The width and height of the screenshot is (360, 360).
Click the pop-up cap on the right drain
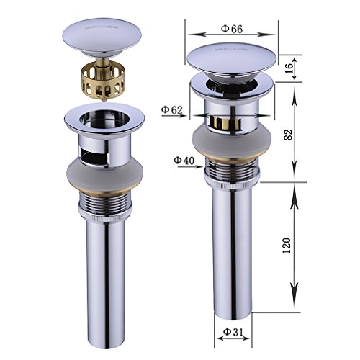click(x=232, y=61)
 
